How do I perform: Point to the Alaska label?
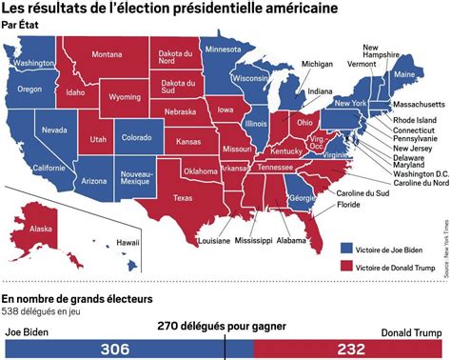41,229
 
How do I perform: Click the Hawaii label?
114,242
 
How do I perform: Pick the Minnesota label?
224,50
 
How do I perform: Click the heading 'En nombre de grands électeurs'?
78,299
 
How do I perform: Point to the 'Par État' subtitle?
21,26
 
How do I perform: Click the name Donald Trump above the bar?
413,332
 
